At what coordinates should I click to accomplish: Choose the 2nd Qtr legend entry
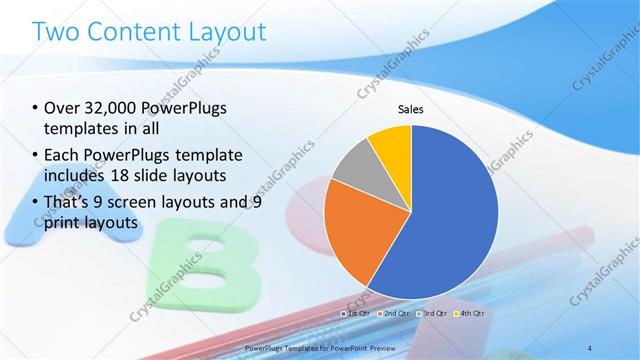(x=394, y=313)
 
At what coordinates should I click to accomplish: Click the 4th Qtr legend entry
(x=470, y=313)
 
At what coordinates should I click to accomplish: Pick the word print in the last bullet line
(x=61, y=224)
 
